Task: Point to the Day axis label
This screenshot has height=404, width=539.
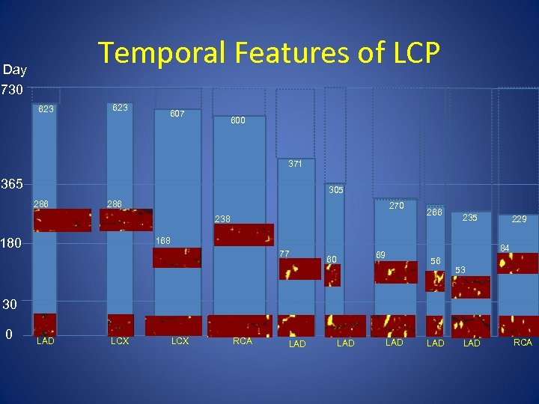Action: pos(15,70)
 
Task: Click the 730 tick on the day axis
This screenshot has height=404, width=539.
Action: pos(13,91)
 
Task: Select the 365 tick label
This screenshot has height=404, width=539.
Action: pos(13,184)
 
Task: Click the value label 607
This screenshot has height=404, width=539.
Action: pos(177,114)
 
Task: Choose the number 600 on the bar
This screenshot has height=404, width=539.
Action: pos(237,120)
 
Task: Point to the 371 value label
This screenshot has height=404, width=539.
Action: pos(296,164)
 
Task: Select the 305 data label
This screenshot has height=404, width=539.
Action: pos(335,191)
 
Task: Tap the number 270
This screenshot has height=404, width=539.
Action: pos(398,205)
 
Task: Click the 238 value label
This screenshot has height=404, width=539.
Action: pos(222,219)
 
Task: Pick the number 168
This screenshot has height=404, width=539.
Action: pos(162,240)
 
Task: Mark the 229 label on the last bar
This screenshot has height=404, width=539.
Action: pos(520,219)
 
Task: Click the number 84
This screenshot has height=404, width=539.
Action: pos(505,248)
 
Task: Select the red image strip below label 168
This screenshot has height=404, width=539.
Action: pos(177,257)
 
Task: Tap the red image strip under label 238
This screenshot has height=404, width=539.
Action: pos(244,235)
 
